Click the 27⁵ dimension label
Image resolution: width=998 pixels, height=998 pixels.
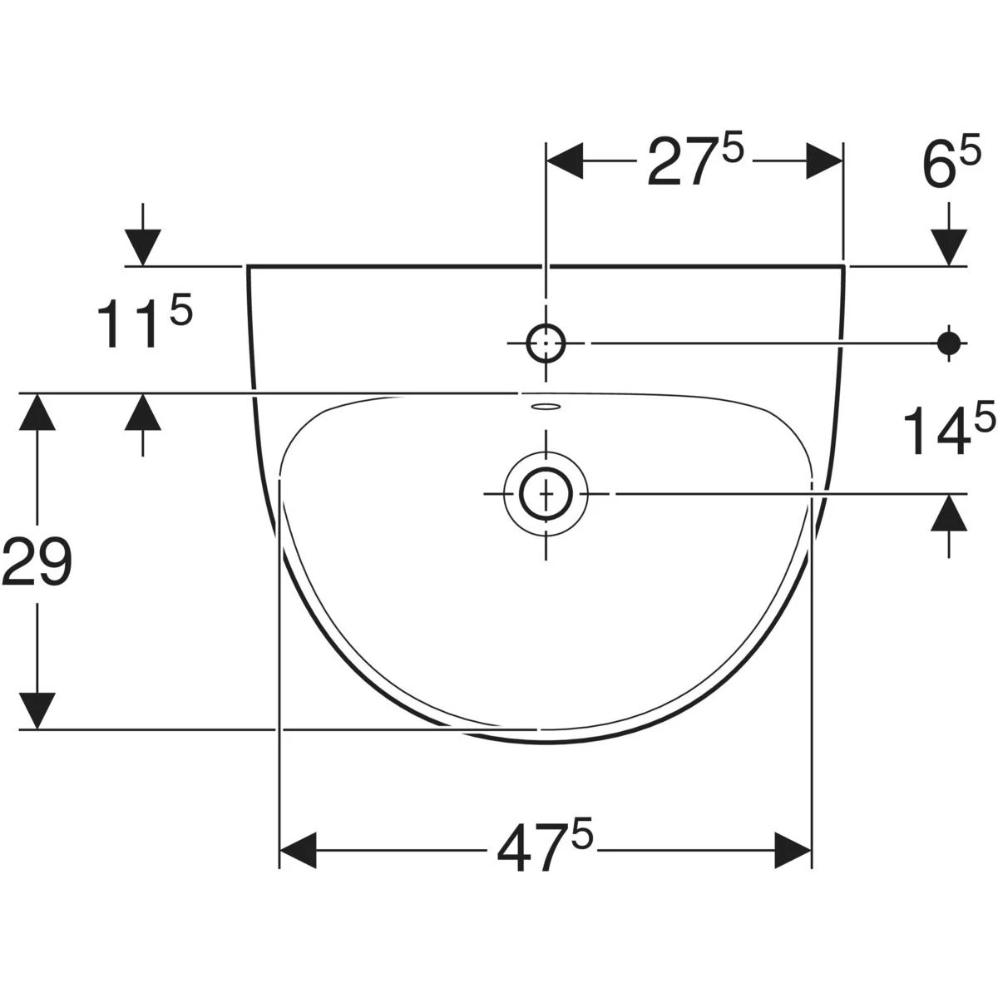click(x=695, y=161)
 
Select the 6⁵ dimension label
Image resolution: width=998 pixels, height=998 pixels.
click(x=951, y=161)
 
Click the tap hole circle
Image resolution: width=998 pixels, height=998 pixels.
click(x=546, y=343)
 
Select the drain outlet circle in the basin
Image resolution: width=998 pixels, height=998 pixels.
click(x=546, y=493)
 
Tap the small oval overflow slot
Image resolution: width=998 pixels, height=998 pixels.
click(x=546, y=407)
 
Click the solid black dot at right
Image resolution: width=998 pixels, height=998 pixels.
click(x=949, y=343)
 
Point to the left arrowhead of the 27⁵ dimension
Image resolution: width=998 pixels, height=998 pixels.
click(x=566, y=161)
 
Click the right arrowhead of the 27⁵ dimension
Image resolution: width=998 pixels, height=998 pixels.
click(x=824, y=161)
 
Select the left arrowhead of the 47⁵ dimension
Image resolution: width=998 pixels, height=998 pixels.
click(x=299, y=851)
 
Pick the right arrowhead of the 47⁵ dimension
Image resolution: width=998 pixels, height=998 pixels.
click(x=793, y=851)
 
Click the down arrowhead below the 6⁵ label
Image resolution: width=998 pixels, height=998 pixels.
click(x=949, y=248)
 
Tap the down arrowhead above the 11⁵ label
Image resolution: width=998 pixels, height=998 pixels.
click(x=143, y=248)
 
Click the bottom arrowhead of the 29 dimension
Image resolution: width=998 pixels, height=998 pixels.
click(x=37, y=710)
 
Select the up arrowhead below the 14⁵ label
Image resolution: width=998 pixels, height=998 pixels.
click(x=949, y=512)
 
